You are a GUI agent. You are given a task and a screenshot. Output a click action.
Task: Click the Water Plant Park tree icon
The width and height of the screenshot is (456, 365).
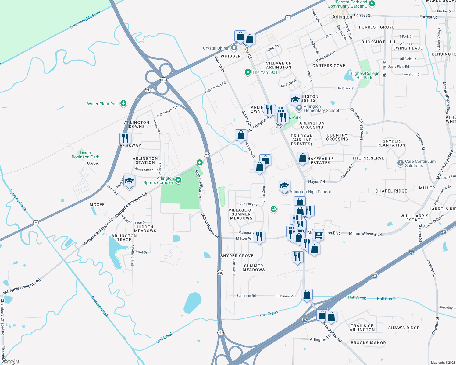123,104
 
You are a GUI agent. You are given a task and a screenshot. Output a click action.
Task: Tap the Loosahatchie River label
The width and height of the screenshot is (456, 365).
85,20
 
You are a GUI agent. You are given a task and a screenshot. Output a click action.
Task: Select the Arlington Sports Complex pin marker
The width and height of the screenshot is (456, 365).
179,180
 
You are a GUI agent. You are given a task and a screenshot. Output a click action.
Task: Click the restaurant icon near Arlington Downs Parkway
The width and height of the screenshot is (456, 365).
125,138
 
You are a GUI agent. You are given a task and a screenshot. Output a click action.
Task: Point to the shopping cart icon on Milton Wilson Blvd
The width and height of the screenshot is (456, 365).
318,235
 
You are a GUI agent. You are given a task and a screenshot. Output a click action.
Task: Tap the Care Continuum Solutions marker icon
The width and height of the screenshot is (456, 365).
400,163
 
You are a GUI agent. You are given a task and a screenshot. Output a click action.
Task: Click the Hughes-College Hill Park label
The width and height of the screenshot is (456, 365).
364,75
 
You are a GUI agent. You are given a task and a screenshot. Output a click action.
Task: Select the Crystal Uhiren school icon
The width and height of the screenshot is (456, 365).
234,48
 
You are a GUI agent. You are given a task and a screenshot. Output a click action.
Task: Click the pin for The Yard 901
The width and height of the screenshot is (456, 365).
248,72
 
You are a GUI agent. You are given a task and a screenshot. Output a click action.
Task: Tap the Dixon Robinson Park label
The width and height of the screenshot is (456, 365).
85,155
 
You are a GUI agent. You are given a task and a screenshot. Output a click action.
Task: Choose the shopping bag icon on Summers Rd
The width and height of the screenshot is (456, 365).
307,294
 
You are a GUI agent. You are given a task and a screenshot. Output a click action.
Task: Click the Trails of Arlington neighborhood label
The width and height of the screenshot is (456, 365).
362,328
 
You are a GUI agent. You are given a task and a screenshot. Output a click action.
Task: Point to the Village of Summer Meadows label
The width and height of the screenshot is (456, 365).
241,214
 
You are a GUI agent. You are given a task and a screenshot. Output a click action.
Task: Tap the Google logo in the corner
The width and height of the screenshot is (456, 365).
10,361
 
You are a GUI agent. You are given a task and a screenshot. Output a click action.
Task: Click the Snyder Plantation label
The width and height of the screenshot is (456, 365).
391,143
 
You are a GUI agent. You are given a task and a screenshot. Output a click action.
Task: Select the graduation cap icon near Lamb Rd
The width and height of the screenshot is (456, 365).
129,181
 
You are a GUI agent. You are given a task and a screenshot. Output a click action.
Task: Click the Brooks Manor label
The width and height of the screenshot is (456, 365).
368,343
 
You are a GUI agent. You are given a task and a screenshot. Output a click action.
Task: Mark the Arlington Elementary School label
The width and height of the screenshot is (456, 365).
321,109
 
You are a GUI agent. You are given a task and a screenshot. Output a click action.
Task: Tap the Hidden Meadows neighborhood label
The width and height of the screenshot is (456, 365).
145,229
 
